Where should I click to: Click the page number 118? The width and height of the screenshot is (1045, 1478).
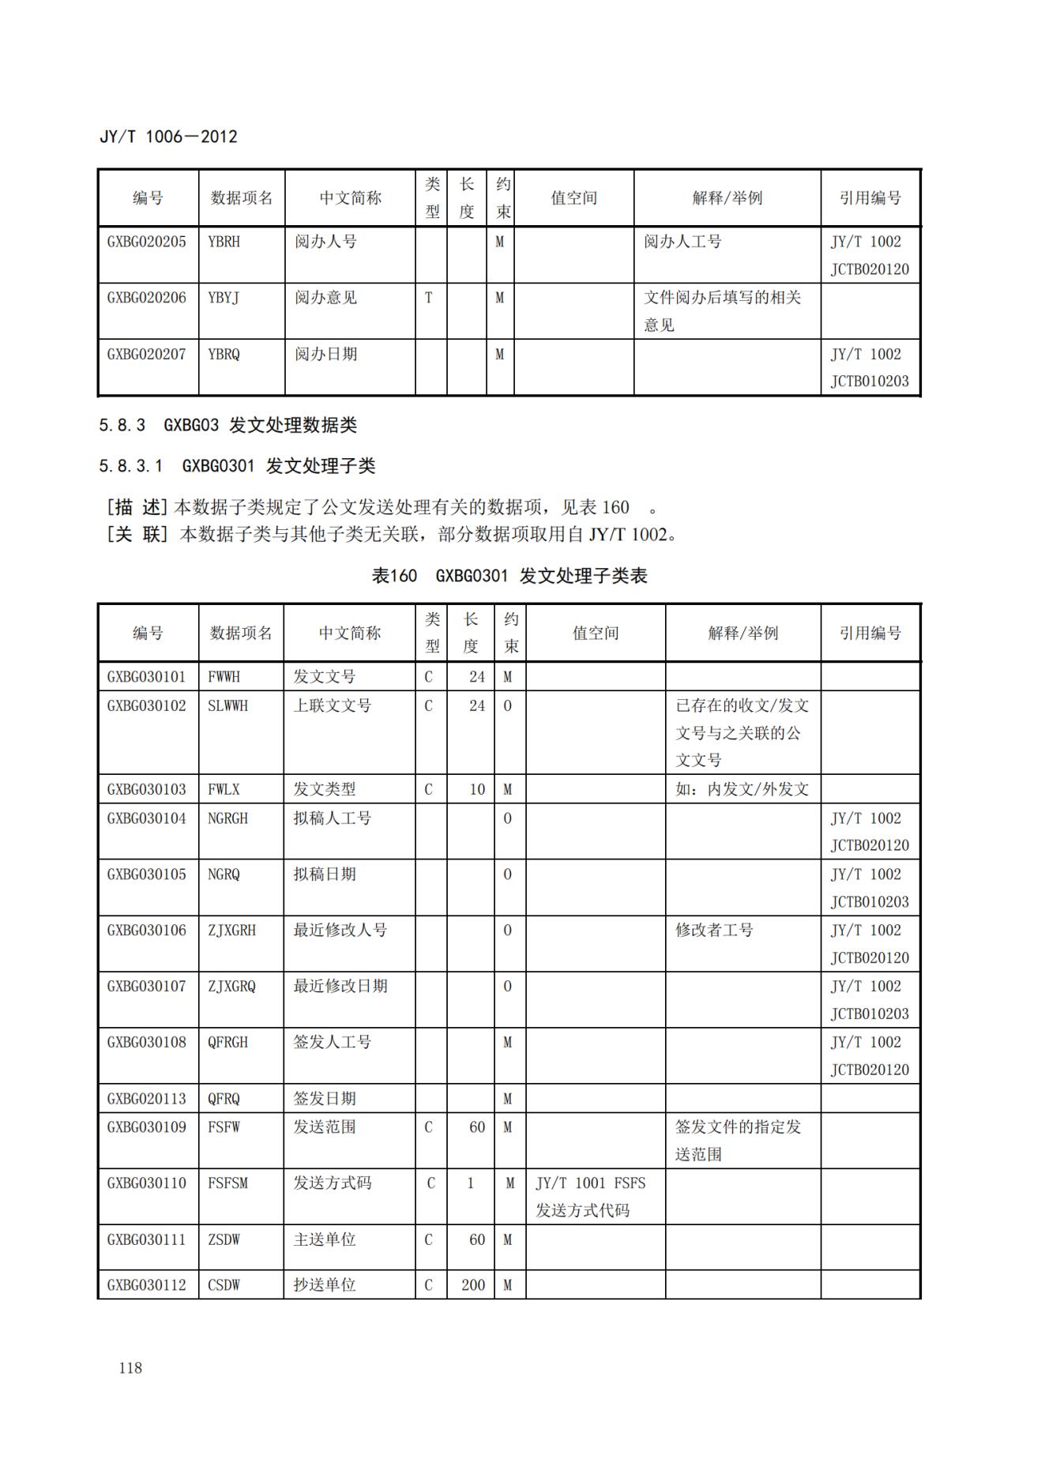click(130, 1368)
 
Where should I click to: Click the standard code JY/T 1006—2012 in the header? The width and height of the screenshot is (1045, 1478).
click(168, 137)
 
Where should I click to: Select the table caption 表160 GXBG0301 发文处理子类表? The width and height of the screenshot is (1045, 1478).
click(509, 576)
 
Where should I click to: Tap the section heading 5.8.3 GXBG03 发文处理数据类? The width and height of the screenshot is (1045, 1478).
click(227, 425)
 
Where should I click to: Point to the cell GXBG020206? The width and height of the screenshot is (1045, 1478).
click(147, 298)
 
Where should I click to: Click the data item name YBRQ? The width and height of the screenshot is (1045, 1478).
click(224, 354)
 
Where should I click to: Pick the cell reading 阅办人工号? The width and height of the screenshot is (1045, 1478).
click(682, 242)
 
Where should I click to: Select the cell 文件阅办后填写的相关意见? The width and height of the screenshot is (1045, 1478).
click(722, 311)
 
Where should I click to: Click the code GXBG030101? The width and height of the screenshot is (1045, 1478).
click(147, 677)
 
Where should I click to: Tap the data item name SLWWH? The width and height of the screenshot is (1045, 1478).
click(227, 706)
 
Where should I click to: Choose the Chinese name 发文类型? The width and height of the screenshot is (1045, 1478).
click(325, 789)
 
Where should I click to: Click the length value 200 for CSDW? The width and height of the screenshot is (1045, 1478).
click(473, 1285)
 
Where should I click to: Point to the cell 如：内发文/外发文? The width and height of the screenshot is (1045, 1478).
click(742, 789)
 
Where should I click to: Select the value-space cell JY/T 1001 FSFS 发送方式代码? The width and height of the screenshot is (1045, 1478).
click(590, 1197)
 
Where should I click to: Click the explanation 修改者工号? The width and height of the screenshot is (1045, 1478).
click(714, 931)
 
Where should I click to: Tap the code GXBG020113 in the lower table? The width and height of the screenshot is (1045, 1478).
click(147, 1099)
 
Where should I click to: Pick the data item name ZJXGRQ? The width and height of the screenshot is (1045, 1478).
click(231, 987)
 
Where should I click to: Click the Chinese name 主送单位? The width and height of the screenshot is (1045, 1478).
click(325, 1240)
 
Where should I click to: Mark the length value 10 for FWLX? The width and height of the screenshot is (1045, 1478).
click(477, 789)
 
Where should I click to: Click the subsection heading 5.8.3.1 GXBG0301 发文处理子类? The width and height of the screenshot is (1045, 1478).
click(237, 466)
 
